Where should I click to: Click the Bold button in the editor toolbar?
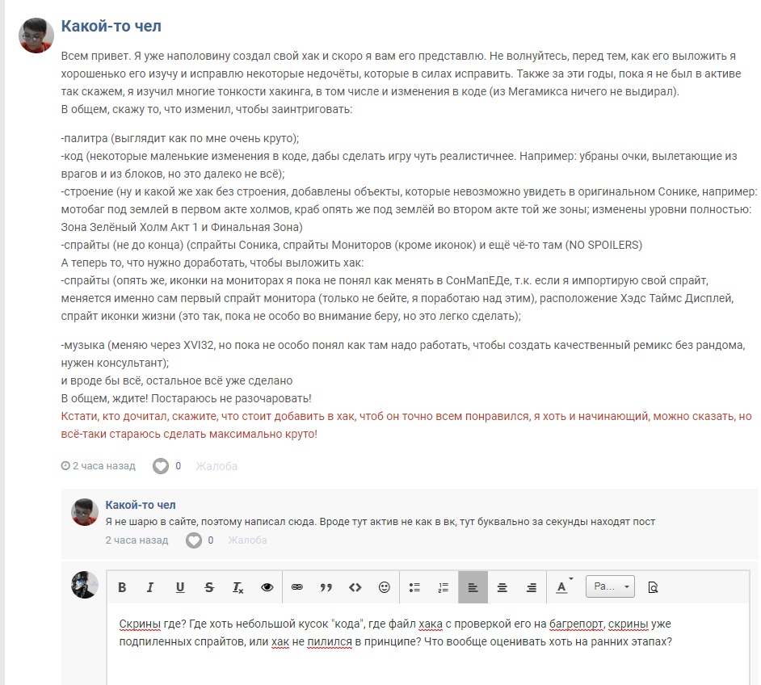click(122, 587)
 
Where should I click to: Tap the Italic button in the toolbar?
click(150, 587)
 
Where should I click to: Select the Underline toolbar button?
click(179, 587)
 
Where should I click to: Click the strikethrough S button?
click(209, 587)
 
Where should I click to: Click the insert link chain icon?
click(296, 587)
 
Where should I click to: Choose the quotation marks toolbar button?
click(326, 587)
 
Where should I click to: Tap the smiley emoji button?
click(385, 587)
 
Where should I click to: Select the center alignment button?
click(502, 587)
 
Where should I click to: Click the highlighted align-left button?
click(473, 587)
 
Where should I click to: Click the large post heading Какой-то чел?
click(111, 26)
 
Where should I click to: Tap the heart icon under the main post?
click(162, 466)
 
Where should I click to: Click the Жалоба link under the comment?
click(247, 540)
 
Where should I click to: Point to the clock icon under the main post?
click(65, 466)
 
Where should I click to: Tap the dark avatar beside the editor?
click(85, 584)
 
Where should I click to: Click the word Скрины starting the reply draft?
click(140, 624)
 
